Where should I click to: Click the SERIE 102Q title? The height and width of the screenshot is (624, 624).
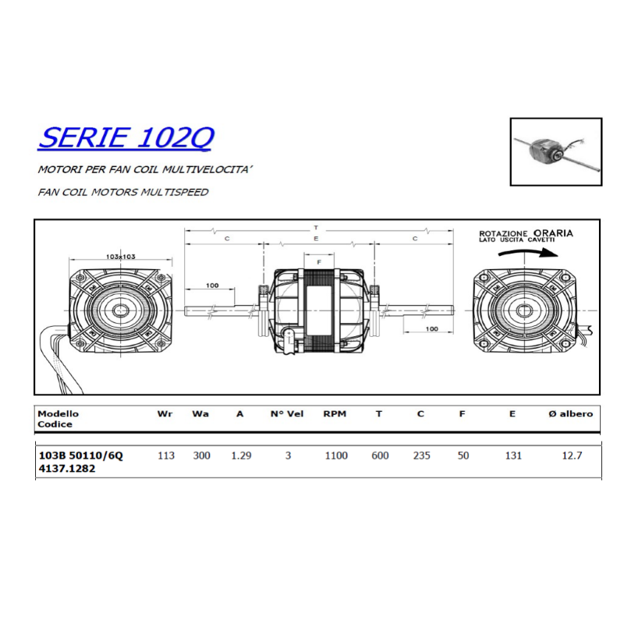126,138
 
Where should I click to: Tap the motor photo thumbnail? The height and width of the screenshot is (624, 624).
556,151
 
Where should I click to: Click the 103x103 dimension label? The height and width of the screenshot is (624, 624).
120,256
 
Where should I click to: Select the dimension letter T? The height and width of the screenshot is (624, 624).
316,227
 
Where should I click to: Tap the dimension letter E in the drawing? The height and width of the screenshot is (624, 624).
316,239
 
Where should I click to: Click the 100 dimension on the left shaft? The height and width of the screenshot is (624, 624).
212,285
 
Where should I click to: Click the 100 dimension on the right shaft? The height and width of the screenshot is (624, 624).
432,328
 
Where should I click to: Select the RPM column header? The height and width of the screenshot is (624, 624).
335,414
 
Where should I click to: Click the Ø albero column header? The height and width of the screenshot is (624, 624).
572,414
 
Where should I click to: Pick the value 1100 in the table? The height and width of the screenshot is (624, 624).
336,456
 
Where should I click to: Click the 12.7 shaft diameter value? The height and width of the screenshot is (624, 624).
573,456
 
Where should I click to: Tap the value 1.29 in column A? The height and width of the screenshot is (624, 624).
241,456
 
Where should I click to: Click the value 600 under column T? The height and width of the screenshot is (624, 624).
380,456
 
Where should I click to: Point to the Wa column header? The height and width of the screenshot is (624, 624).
200,414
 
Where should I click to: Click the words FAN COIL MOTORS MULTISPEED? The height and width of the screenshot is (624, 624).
122,191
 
